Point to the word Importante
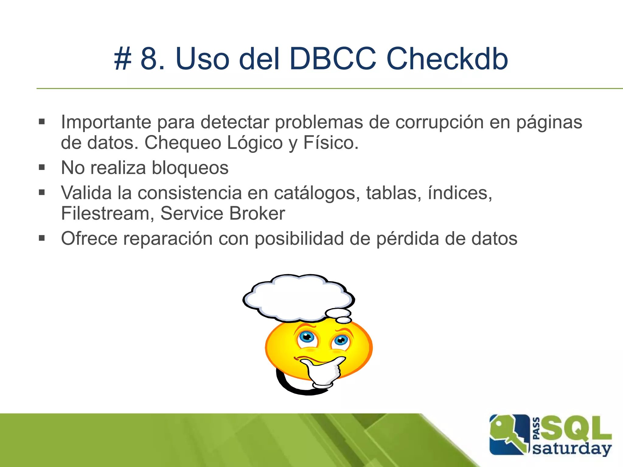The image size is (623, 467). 106,122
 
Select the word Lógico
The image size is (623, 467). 255,143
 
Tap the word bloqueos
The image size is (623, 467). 190,168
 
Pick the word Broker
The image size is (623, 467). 257,213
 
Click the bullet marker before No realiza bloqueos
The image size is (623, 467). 42,167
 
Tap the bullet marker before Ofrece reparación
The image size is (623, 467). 42,238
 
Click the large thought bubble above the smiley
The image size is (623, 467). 298,298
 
